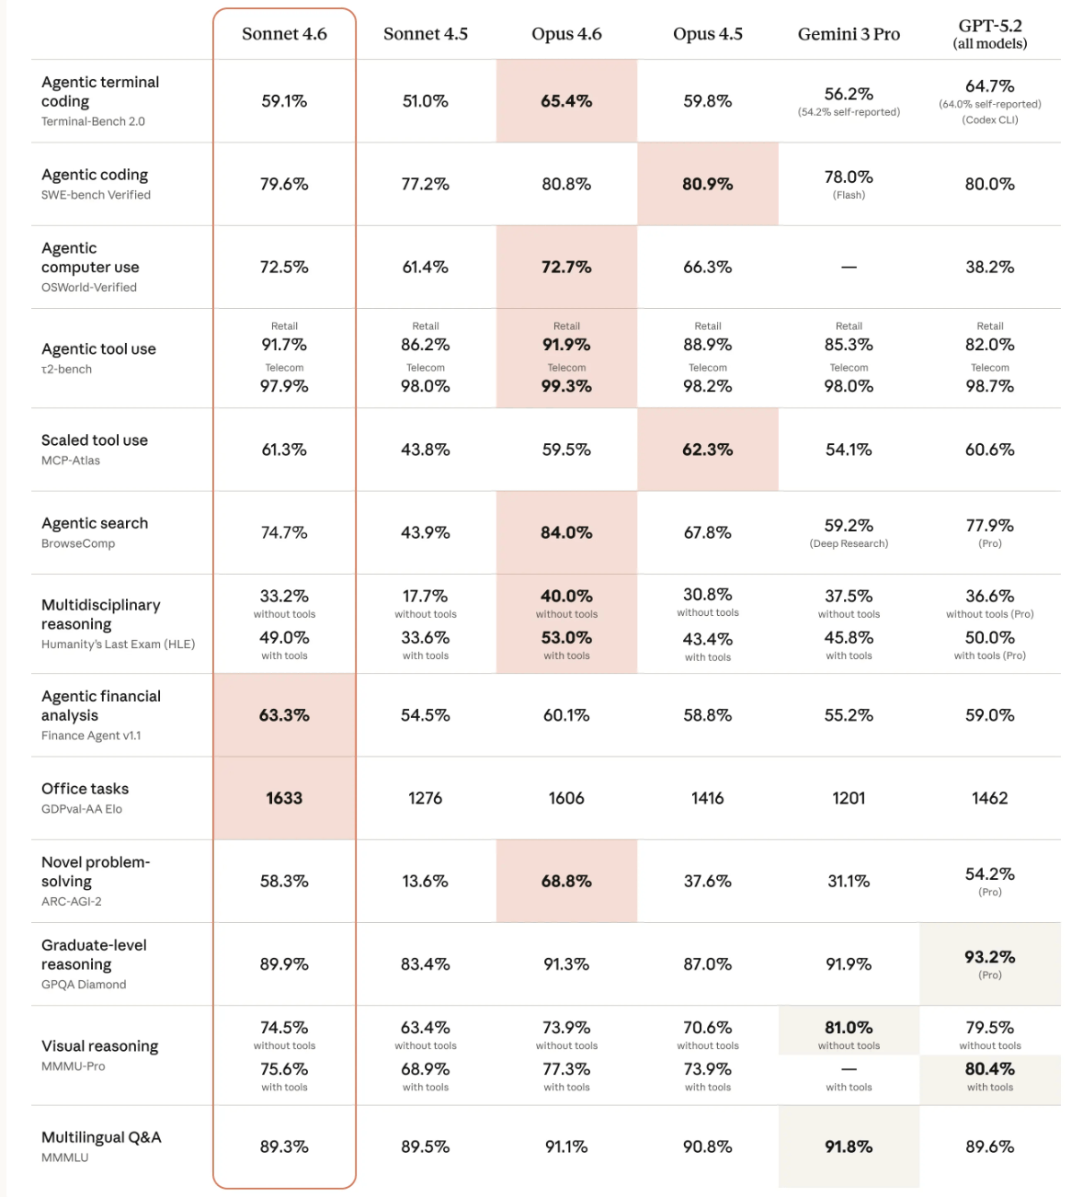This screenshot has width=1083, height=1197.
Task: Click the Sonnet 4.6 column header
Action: [x=284, y=34]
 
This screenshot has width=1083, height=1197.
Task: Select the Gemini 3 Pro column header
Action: [x=849, y=34]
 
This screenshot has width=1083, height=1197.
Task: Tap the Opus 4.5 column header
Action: [x=707, y=34]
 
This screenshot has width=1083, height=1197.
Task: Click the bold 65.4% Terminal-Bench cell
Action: [x=566, y=101]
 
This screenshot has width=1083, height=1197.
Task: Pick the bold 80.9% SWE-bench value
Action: [x=707, y=184]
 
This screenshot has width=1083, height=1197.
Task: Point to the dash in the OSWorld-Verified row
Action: [x=849, y=268]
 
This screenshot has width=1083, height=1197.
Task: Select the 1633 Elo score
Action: [x=284, y=798]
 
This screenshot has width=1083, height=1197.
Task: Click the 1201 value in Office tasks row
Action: [x=849, y=798]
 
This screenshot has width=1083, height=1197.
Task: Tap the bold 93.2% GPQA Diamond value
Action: [x=989, y=957]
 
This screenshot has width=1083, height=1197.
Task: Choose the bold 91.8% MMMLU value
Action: [x=849, y=1146]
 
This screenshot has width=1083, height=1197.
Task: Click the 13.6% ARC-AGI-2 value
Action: [x=425, y=881]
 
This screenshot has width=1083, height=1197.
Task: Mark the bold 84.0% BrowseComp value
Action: [x=566, y=532]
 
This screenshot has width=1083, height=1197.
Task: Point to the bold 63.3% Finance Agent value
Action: [x=284, y=715]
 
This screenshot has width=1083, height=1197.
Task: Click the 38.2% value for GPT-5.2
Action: [x=989, y=268]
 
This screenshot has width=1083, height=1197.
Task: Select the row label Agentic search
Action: [x=95, y=523]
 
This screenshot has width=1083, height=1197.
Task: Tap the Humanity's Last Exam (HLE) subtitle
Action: [x=118, y=644]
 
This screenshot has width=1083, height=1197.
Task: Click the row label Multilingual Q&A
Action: [x=101, y=1137]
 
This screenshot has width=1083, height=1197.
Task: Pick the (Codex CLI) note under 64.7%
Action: [x=989, y=120]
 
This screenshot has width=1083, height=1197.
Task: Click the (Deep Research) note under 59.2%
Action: [x=849, y=543]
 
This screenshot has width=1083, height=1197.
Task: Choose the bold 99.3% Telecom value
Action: [x=566, y=386]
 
